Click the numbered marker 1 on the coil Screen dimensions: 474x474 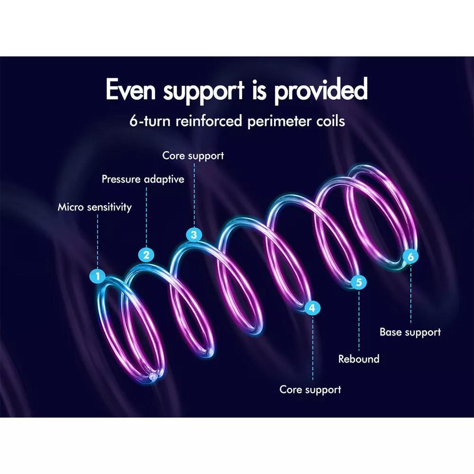coord(98,276)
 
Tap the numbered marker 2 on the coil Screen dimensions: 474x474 coord(146,255)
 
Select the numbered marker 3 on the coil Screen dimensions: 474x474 coord(193,234)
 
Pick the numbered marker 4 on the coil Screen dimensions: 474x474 coord(311,308)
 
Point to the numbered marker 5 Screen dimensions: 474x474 coord(359,283)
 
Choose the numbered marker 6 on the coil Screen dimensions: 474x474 coord(410,256)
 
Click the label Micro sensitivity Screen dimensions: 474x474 coord(95,207)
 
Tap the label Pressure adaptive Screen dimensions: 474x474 coord(143,180)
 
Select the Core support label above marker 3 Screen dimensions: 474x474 coord(193,155)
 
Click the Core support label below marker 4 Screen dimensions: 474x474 coord(310,390)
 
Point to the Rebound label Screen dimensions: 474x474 coord(359,359)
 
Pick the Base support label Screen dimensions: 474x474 coord(410,332)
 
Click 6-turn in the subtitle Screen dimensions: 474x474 coord(150,121)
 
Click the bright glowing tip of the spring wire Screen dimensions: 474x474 coord(152,376)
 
